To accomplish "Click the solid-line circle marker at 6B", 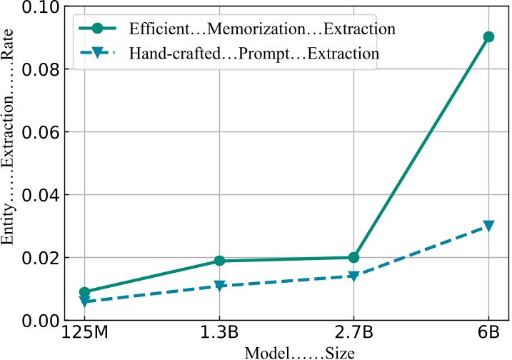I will (488, 36).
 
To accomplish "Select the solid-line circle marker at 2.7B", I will (353, 257).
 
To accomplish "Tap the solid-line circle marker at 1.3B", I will (219, 261).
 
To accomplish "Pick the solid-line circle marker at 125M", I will (84, 291).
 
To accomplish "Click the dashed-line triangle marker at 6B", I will (488, 226).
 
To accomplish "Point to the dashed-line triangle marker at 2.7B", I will (353, 276).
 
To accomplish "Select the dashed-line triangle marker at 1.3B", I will (219, 286).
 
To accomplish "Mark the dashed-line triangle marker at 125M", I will (84, 301).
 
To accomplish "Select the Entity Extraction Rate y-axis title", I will (9, 164).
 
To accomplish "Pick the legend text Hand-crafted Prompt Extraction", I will (254, 53).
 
